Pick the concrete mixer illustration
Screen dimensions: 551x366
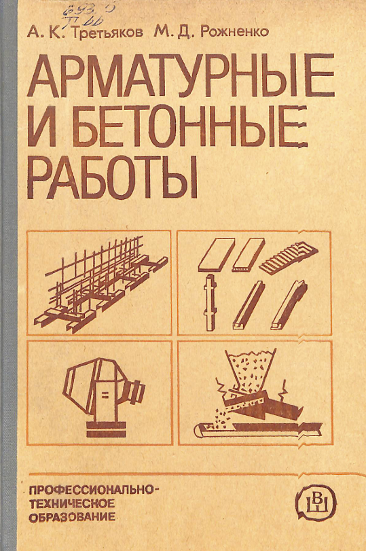pos(101,393)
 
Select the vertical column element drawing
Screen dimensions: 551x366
pos(211,302)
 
